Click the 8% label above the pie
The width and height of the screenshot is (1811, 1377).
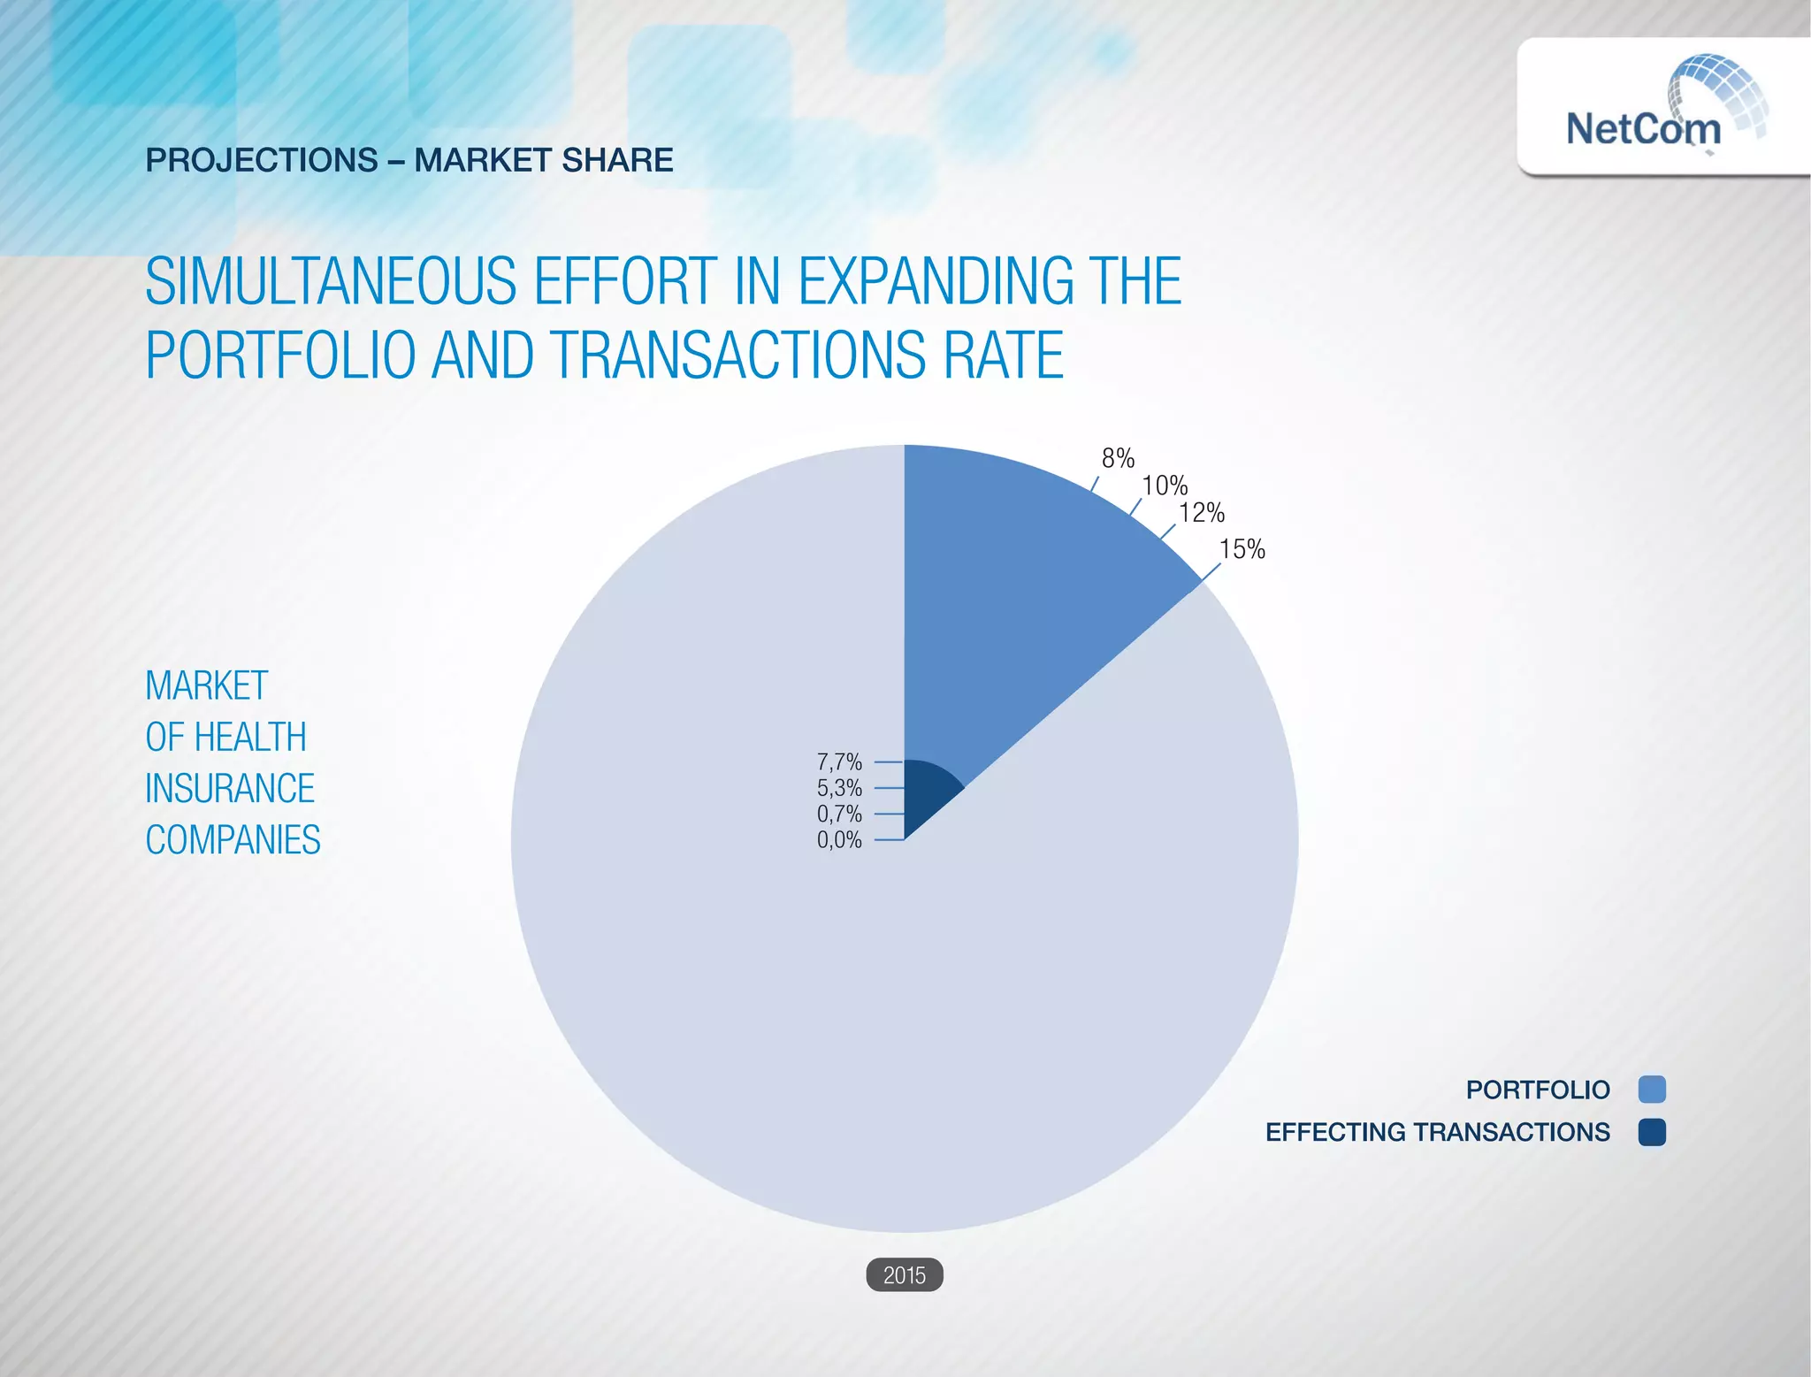click(1118, 458)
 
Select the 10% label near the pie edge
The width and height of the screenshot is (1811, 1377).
click(1165, 486)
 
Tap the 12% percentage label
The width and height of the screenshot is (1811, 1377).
click(1202, 513)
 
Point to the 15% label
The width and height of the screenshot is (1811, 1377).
click(1242, 550)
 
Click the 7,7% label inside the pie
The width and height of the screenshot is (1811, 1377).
click(839, 761)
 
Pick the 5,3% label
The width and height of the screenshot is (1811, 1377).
click(839, 788)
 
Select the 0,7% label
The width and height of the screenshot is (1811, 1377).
click(839, 814)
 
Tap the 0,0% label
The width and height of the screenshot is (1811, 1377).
click(839, 839)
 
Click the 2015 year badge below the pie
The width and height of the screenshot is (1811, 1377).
click(905, 1275)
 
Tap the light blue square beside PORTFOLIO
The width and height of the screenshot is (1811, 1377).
click(1651, 1090)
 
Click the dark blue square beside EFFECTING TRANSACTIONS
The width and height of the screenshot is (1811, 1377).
click(1651, 1132)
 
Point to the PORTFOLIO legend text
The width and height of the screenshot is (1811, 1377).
click(1537, 1090)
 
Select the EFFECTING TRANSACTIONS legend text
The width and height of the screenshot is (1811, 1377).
click(1437, 1132)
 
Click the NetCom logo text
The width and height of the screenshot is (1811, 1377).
click(1643, 129)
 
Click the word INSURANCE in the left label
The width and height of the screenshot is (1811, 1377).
click(230, 789)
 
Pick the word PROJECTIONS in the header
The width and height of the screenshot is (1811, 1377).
click(262, 160)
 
